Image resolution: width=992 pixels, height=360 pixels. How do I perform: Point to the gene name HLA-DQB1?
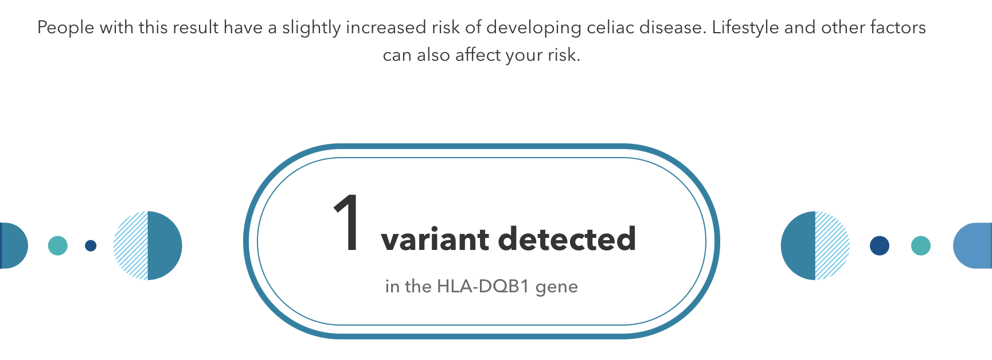483,285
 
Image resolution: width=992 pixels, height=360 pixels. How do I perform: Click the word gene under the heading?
557,287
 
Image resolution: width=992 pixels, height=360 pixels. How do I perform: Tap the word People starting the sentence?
65,28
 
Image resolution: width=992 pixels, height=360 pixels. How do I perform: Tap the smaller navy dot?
91,246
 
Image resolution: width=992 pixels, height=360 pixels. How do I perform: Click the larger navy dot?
880,246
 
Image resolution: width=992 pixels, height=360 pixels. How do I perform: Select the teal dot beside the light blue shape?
921,246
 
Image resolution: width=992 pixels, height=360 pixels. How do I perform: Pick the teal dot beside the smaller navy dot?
58,246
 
